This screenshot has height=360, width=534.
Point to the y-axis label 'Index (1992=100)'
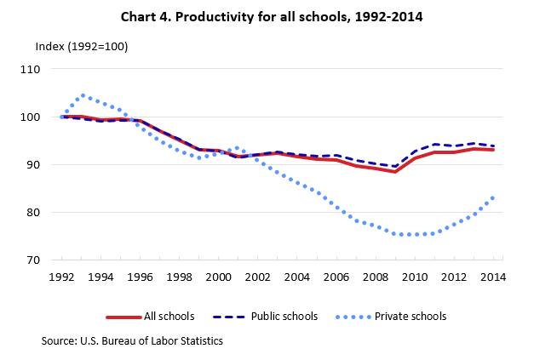click(81, 46)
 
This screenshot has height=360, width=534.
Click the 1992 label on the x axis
click(62, 277)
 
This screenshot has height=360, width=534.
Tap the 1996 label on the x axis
click(140, 277)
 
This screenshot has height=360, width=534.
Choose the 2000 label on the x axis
click(218, 277)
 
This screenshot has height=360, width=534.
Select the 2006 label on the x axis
click(336, 277)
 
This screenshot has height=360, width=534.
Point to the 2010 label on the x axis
click(415, 277)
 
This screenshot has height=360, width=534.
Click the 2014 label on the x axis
click(493, 277)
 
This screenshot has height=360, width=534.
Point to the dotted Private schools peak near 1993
click(83, 95)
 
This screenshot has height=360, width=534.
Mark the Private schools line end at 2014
click(493, 197)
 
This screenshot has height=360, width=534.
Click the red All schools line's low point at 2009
click(395, 172)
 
